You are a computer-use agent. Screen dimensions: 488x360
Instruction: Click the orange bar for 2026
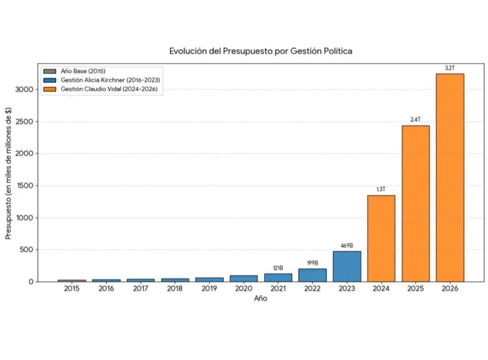coord(450,178)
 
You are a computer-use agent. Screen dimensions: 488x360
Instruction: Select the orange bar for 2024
coord(381,239)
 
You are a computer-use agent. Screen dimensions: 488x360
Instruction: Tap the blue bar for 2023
coord(347,266)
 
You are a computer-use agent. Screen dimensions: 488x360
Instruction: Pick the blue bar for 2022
coord(312,275)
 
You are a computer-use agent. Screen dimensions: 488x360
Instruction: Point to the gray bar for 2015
coord(72,281)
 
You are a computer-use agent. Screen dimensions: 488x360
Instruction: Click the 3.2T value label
coord(450,68)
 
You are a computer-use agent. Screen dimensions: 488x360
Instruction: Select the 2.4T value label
coord(415,119)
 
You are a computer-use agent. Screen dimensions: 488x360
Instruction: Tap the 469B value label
coord(347,246)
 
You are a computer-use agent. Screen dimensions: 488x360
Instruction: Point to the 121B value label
coord(278,268)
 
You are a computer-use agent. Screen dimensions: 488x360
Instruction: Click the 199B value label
coord(312,263)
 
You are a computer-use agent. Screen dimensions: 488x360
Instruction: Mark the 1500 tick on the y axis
coord(25,186)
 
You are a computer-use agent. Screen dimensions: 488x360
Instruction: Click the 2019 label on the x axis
coord(209,288)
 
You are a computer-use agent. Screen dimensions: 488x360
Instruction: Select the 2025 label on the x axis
coord(415,288)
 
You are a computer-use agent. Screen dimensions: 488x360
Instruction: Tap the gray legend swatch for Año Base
coord(50,71)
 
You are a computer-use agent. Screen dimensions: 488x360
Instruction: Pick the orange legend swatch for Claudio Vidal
coord(50,89)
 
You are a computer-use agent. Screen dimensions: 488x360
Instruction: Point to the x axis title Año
coord(261,298)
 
